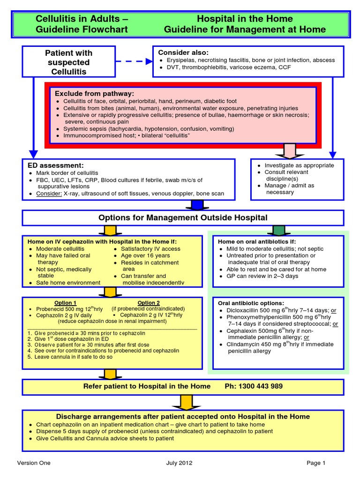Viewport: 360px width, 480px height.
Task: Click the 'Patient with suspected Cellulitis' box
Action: pos(68,62)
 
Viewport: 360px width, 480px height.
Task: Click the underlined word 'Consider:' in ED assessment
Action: pos(49,194)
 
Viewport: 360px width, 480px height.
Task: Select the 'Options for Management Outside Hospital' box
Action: pos(183,217)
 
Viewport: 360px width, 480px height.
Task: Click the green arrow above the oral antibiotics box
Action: pos(278,230)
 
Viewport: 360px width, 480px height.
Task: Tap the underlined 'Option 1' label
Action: pos(65,303)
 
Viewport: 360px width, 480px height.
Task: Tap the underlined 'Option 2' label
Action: pos(149,303)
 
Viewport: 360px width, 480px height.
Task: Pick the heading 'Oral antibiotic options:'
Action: pos(251,303)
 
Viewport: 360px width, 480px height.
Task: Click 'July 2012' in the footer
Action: pos(179,463)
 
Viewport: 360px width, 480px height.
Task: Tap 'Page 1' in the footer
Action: pos(316,463)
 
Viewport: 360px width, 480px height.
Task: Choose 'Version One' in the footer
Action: pos(34,463)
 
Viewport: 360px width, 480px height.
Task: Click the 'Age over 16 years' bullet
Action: pos(145,255)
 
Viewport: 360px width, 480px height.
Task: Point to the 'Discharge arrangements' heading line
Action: pos(183,416)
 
